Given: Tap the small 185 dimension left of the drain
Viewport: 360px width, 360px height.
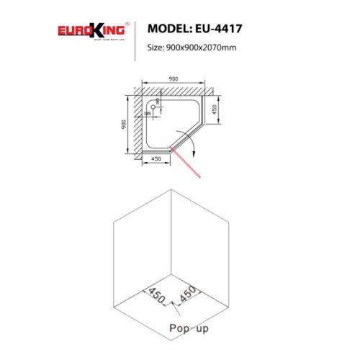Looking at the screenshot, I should tap(147, 113).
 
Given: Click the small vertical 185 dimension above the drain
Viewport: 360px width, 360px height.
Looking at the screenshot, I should tap(158, 102).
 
